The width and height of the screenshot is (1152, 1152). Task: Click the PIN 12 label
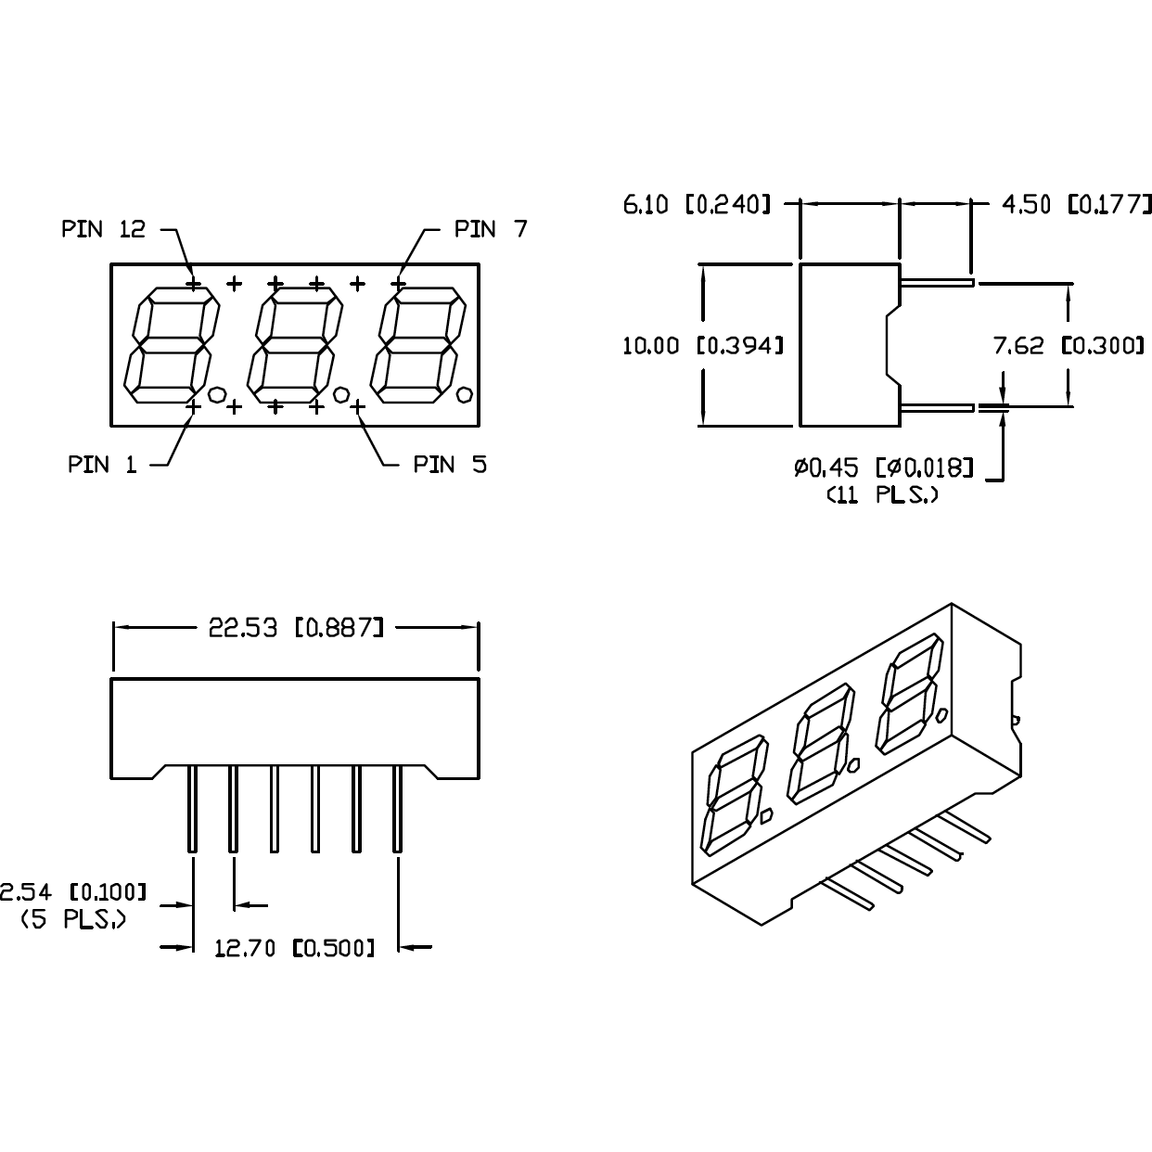click(x=104, y=229)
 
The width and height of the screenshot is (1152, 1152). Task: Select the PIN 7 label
click(x=491, y=229)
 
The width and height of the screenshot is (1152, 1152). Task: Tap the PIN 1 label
click(x=102, y=465)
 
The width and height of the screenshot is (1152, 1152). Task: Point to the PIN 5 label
click(x=450, y=465)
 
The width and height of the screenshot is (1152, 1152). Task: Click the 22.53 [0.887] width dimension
click(x=295, y=628)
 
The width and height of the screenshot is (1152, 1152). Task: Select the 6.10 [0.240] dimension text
click(x=697, y=204)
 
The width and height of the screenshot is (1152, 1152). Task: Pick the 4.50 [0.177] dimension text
click(x=1076, y=204)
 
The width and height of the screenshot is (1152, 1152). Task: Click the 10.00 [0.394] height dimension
click(x=702, y=346)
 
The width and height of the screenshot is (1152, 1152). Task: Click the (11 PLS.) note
click(x=882, y=495)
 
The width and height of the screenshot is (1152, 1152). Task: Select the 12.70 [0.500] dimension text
click(x=295, y=948)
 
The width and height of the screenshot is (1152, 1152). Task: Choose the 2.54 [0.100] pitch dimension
click(x=72, y=892)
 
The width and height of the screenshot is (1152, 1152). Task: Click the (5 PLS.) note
click(x=72, y=919)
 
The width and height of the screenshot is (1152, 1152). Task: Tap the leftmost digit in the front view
click(x=172, y=345)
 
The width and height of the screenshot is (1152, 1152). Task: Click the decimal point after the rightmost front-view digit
click(x=464, y=393)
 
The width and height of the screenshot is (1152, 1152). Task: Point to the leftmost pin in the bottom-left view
click(x=192, y=808)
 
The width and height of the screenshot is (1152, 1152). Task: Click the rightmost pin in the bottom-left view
click(x=397, y=808)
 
